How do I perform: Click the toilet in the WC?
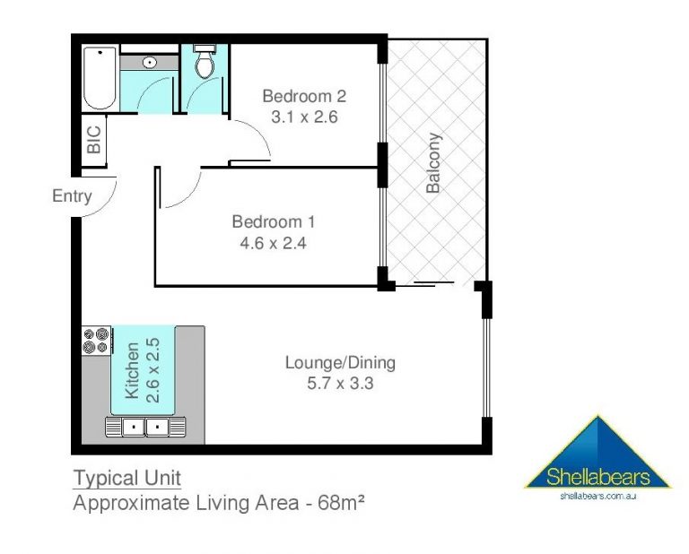205,62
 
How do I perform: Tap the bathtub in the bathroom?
100,78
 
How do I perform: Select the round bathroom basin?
150,63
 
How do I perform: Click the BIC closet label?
94,140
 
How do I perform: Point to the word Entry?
72,195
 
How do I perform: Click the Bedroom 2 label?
304,96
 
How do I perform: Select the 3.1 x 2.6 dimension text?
304,117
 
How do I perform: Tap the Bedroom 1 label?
274,221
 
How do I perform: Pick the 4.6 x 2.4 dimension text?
273,243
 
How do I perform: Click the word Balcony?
433,163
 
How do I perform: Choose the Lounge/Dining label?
340,362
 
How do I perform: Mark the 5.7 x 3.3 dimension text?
340,384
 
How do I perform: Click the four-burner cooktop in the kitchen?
96,341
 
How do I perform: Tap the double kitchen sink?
145,426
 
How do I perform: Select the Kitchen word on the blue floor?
132,370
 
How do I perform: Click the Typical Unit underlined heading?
127,478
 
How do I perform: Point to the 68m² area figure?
341,502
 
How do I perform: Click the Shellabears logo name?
597,477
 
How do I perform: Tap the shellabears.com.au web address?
598,496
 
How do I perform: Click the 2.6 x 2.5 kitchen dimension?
153,370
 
